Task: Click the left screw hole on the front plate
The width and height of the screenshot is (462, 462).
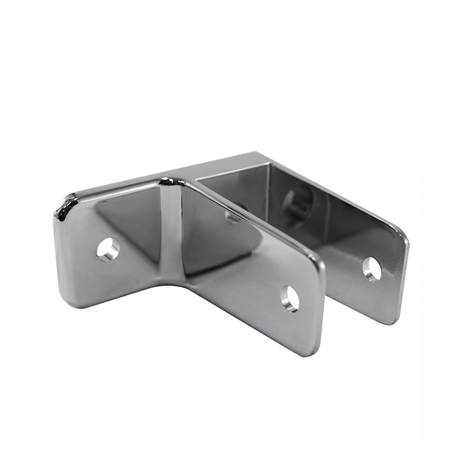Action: (108, 248)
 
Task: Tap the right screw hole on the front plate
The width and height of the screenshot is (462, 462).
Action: (290, 298)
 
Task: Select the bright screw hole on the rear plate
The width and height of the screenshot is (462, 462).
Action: (371, 269)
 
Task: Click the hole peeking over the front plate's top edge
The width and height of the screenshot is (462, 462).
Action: (233, 217)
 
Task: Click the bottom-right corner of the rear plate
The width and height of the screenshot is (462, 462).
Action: (394, 317)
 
